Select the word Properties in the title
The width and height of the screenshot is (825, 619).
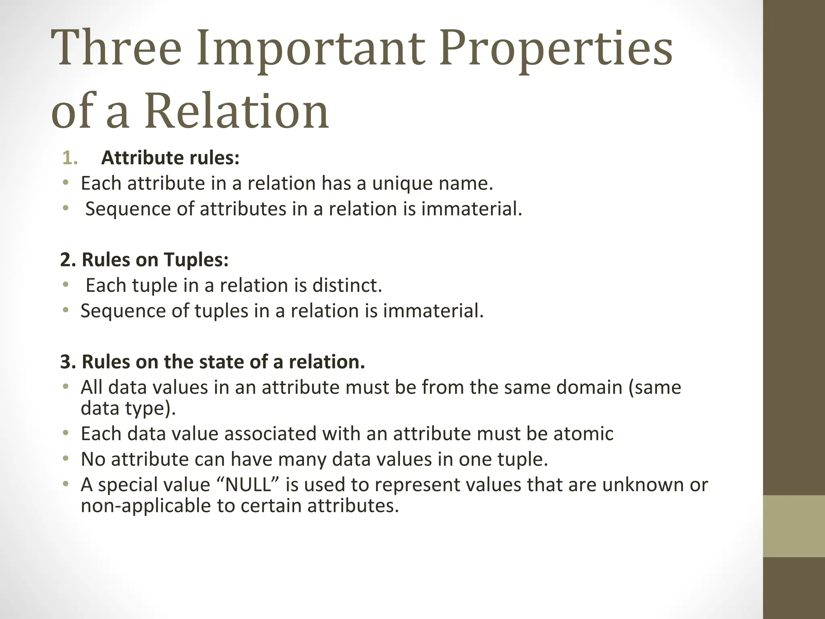[556, 50]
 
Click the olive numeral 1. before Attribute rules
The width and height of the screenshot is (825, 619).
[70, 158]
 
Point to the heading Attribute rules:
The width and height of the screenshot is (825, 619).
[170, 158]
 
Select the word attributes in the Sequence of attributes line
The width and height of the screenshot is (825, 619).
[243, 209]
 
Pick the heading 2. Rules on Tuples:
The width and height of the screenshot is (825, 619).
[144, 260]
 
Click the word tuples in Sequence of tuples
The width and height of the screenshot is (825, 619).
[221, 311]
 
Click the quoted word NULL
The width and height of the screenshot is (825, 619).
[248, 485]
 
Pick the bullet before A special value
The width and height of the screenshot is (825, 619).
[66, 484]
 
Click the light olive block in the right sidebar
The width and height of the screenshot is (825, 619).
[794, 526]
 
